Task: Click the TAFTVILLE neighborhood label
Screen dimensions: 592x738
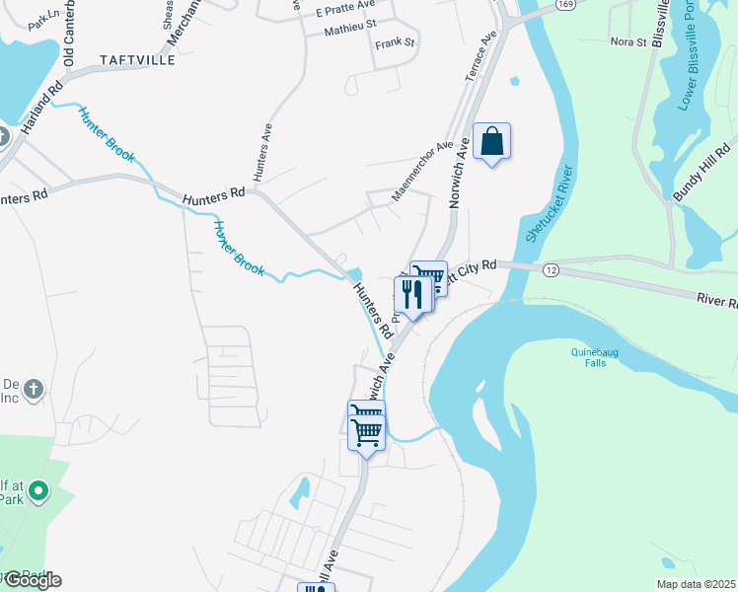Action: point(136,60)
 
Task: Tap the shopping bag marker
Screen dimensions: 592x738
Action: point(491,143)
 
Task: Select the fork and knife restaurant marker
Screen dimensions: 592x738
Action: point(411,294)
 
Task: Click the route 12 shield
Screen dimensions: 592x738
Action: point(551,270)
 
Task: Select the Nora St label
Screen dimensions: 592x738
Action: point(627,41)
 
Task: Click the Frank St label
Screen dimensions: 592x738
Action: point(395,43)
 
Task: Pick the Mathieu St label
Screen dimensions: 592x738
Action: point(350,32)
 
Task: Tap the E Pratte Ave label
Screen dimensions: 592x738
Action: point(346,10)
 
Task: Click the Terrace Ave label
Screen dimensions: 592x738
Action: point(479,56)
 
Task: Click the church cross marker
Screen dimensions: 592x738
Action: point(34,389)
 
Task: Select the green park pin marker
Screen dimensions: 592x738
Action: point(38,489)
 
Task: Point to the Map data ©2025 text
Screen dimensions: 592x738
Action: point(695,584)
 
